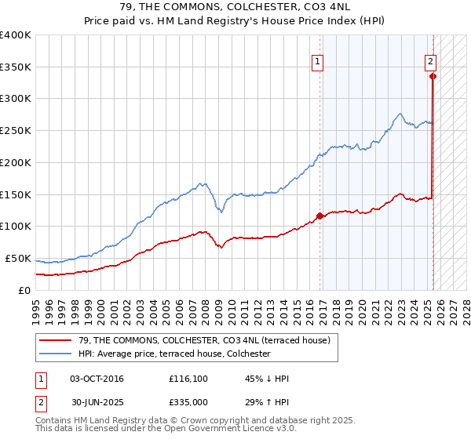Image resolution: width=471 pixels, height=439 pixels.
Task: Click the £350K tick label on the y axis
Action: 15,67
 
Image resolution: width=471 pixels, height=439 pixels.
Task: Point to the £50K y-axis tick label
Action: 17,259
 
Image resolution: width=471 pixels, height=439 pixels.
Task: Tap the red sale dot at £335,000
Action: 433,77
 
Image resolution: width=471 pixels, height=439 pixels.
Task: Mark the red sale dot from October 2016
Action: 319,216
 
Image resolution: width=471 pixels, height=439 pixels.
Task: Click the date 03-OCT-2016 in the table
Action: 97,379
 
